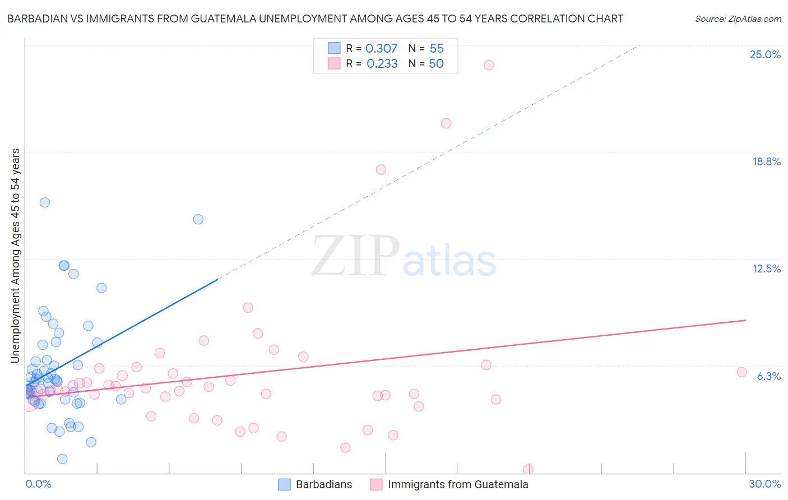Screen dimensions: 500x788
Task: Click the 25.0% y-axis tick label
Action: [765, 54]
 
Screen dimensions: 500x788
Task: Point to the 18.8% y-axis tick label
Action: [766, 161]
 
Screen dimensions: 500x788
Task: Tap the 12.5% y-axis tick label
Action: [766, 268]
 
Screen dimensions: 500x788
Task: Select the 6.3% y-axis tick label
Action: [768, 376]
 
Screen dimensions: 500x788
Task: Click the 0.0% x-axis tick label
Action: [38, 484]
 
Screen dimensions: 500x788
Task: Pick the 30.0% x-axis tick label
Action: [764, 484]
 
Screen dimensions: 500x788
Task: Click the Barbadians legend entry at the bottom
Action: [316, 484]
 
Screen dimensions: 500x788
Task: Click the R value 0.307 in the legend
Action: [381, 49]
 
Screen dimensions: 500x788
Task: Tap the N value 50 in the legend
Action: [436, 64]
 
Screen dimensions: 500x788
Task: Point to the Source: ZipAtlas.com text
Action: [738, 19]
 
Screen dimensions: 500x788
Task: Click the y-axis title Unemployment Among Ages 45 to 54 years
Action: [16, 255]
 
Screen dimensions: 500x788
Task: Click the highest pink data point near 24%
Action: [489, 65]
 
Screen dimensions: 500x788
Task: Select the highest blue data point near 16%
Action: [45, 202]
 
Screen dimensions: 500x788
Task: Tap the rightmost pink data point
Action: [741, 372]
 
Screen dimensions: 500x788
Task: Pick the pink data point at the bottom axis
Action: [528, 469]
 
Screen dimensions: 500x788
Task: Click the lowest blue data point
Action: [62, 459]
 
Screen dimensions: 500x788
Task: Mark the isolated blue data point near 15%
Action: [198, 219]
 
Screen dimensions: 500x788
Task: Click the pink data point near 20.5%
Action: [446, 123]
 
